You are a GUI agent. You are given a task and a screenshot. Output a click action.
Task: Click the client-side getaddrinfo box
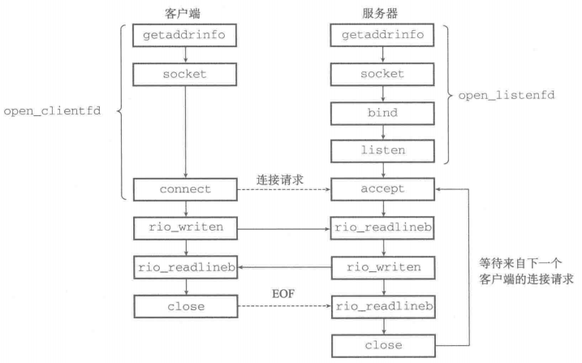(x=184, y=35)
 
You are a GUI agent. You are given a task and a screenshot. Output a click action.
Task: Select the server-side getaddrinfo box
(x=382, y=35)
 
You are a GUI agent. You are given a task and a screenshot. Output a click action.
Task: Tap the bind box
(x=382, y=113)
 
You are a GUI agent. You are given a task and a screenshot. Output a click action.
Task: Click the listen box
(x=382, y=151)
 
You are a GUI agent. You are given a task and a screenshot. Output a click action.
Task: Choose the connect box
(x=185, y=190)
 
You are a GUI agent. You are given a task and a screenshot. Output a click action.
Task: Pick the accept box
(x=382, y=189)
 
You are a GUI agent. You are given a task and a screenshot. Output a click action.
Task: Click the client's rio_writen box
(x=186, y=228)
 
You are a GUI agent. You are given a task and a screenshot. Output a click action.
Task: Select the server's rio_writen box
(x=383, y=268)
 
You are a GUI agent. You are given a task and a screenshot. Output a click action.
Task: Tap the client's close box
(x=186, y=307)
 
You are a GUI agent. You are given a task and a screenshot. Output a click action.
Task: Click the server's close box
(x=383, y=346)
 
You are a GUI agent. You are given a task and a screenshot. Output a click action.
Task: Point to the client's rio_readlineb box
(x=186, y=268)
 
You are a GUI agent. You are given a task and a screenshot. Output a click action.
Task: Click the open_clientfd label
(x=52, y=111)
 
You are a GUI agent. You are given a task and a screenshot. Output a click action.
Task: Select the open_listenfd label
(x=507, y=95)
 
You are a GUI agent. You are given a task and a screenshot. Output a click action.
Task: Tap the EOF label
(x=283, y=294)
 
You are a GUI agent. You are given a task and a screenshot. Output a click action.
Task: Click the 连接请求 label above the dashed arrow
(x=280, y=180)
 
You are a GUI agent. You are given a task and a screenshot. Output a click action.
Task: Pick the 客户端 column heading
(x=183, y=14)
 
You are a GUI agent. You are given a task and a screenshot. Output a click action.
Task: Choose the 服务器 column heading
(x=380, y=14)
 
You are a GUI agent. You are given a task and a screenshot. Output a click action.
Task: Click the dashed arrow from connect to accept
(x=284, y=190)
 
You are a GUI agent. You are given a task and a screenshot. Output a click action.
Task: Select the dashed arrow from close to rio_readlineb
(x=285, y=306)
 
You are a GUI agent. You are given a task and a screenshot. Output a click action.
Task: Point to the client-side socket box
(x=184, y=75)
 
